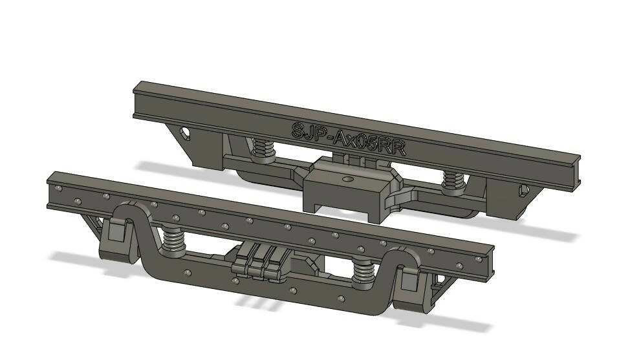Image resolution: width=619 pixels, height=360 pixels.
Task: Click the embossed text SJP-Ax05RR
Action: [x=348, y=138]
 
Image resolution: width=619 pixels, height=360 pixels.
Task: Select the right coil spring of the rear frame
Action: [x=453, y=184]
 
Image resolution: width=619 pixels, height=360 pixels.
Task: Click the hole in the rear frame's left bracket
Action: [x=186, y=133]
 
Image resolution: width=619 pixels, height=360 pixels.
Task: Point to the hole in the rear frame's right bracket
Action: [x=523, y=191]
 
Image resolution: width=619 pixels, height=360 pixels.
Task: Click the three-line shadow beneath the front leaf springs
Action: [x=252, y=302]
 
